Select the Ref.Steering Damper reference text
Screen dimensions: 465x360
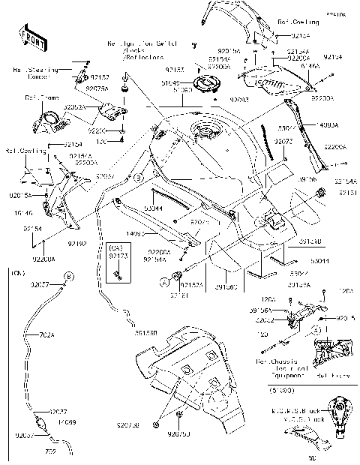point(31,73)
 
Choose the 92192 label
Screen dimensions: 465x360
point(77,244)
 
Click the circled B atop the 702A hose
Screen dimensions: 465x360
point(68,277)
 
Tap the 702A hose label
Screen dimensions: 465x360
point(46,335)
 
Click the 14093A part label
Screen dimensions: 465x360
point(327,125)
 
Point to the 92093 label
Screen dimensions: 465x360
point(217,99)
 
